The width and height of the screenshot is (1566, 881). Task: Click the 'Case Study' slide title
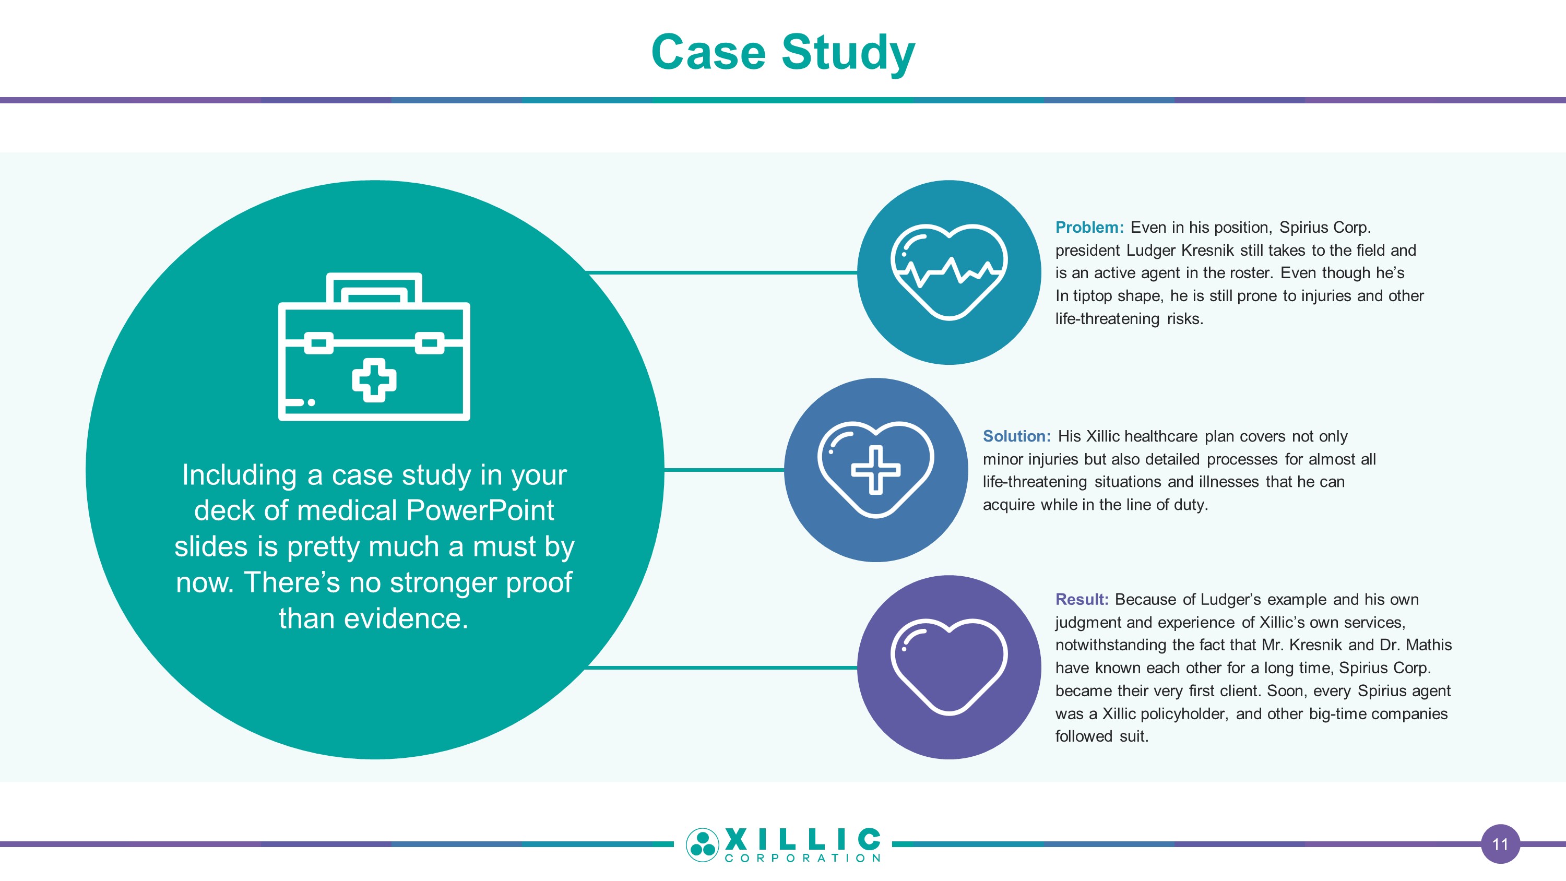pyautogui.click(x=782, y=52)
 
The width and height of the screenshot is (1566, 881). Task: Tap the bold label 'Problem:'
pyautogui.click(x=1089, y=228)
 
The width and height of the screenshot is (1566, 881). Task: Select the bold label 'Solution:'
pyautogui.click(x=1016, y=436)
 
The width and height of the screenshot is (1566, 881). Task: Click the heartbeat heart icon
pyautogui.click(x=948, y=272)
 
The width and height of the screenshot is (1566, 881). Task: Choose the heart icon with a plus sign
pyautogui.click(x=875, y=469)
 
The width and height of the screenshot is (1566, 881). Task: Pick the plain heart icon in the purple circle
pyautogui.click(x=948, y=666)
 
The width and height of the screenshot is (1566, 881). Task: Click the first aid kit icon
pyautogui.click(x=374, y=347)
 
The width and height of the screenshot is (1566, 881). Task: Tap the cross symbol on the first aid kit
pyautogui.click(x=374, y=380)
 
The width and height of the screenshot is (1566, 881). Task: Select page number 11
pyautogui.click(x=1500, y=844)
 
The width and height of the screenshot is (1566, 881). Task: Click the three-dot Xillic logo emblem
pyautogui.click(x=702, y=844)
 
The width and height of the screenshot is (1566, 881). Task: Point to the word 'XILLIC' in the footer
pyautogui.click(x=802, y=839)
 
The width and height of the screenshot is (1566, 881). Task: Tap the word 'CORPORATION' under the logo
pyautogui.click(x=802, y=859)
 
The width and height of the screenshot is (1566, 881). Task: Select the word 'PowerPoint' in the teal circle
pyautogui.click(x=480, y=510)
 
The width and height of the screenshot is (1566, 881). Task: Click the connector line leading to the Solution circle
pyautogui.click(x=723, y=469)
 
